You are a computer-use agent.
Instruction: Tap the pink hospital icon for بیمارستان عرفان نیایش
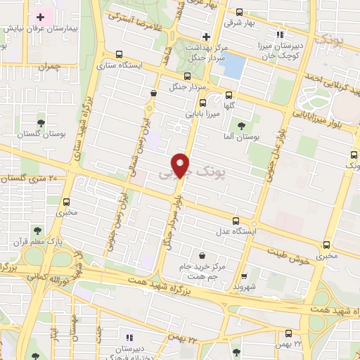coord(41,16)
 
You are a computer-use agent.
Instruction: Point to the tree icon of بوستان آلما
coord(241,125)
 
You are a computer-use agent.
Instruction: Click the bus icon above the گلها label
coord(229,95)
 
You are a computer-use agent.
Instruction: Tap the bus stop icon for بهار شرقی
coord(239,12)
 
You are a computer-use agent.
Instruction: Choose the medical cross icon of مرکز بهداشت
coord(205,37)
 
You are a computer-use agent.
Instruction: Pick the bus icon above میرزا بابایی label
coord(186,77)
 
